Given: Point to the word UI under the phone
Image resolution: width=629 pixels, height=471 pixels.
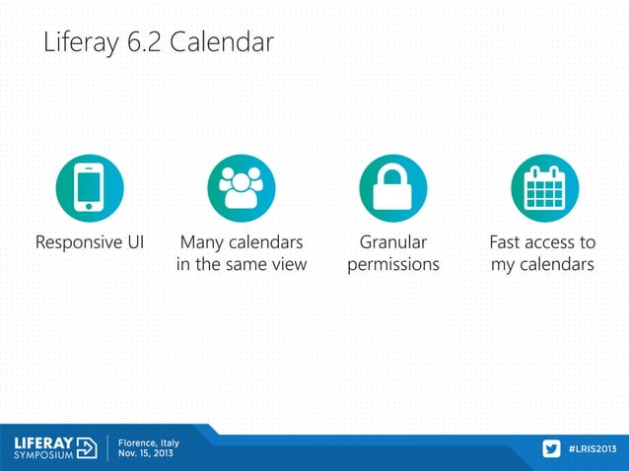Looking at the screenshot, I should point(133,242).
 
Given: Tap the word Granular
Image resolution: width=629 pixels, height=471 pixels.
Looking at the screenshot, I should point(392,242).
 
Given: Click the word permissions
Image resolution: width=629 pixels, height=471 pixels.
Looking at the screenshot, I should point(392,266).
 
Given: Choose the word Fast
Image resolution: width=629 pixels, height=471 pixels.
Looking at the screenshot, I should point(509,242).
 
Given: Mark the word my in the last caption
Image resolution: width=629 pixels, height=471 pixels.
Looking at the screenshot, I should point(504,266).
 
